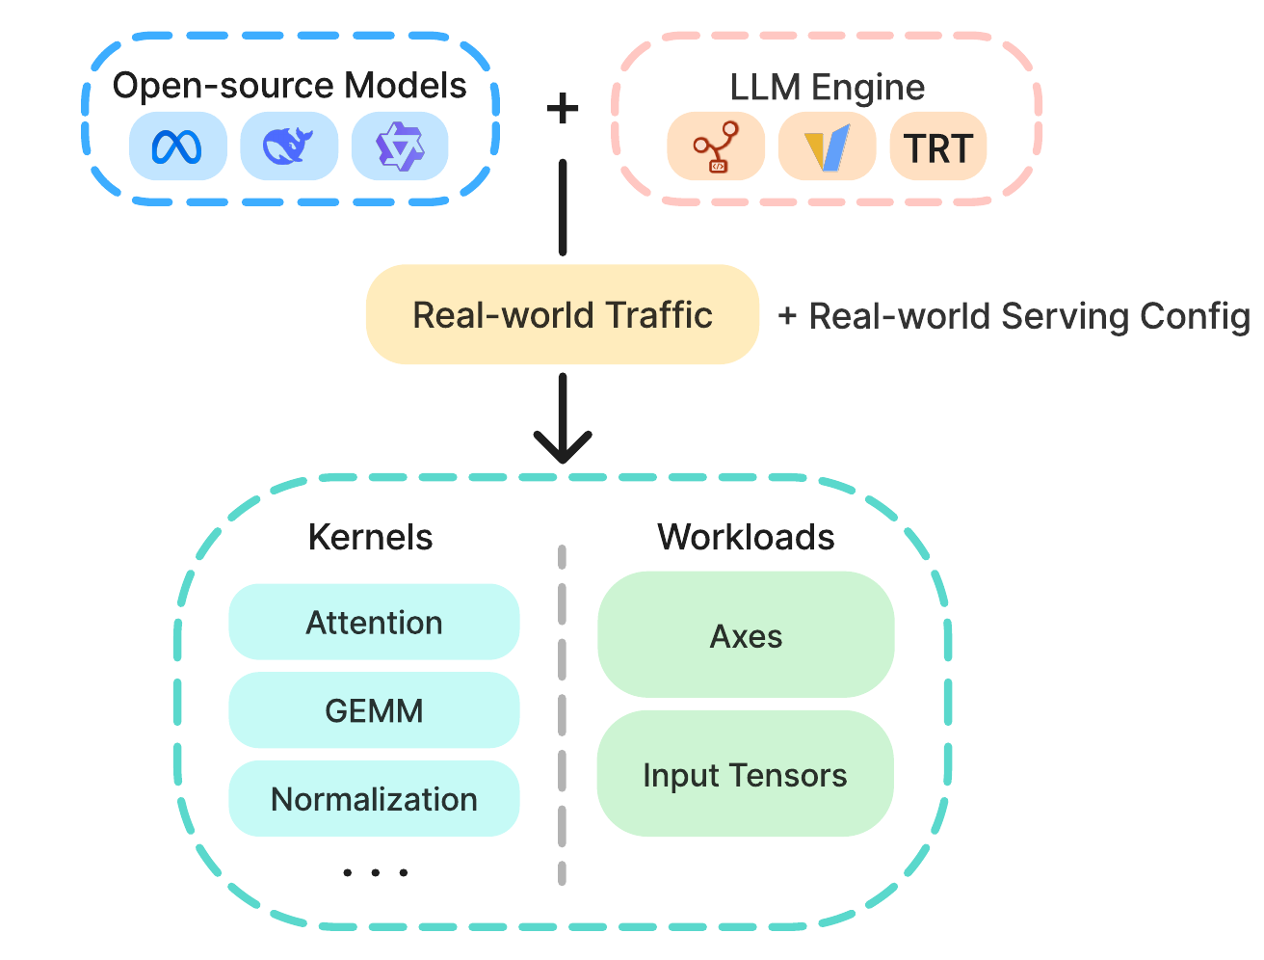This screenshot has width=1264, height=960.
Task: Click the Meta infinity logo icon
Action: tap(176, 147)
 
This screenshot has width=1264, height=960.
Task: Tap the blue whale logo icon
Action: tap(287, 146)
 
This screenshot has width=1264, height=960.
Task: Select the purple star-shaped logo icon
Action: tap(399, 147)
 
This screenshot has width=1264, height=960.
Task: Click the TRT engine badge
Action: tap(937, 147)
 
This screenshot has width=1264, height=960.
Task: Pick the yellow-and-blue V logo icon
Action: tap(827, 147)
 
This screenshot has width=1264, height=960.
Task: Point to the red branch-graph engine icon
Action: tap(715, 147)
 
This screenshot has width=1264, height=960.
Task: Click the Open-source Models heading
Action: tap(289, 86)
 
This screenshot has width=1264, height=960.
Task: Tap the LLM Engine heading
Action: tap(827, 88)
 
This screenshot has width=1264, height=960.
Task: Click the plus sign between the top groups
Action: tap(562, 108)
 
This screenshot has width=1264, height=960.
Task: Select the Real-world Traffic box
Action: tap(562, 314)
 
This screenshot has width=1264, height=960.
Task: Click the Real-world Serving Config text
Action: tap(1014, 316)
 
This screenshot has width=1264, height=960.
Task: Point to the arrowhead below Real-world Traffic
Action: tap(562, 447)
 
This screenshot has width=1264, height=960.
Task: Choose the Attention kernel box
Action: tap(374, 622)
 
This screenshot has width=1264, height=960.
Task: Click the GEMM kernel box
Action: tap(374, 710)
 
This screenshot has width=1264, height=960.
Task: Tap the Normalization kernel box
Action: tap(374, 799)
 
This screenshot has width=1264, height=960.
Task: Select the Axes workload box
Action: tap(746, 634)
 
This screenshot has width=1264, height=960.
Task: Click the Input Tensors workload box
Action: tap(745, 773)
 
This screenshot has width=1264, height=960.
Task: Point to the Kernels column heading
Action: tap(370, 537)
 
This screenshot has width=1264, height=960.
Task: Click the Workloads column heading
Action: tap(746, 537)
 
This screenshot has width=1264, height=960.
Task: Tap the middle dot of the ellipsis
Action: tap(376, 873)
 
